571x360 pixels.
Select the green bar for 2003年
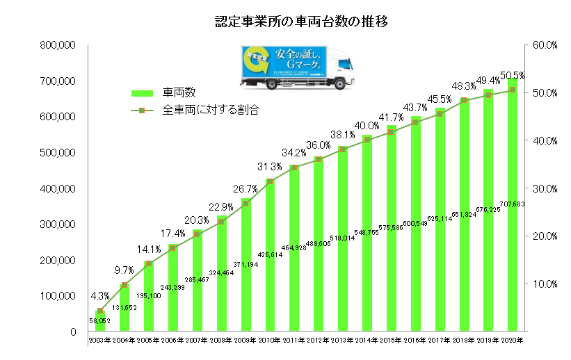(100, 322)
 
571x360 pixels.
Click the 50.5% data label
(512, 75)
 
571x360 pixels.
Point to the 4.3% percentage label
(99, 295)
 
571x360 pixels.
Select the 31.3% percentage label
(268, 167)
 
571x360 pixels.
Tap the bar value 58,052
(100, 320)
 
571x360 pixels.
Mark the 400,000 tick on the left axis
(59, 188)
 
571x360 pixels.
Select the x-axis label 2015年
(391, 341)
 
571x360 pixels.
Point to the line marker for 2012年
(319, 159)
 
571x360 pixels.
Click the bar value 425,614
(269, 255)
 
